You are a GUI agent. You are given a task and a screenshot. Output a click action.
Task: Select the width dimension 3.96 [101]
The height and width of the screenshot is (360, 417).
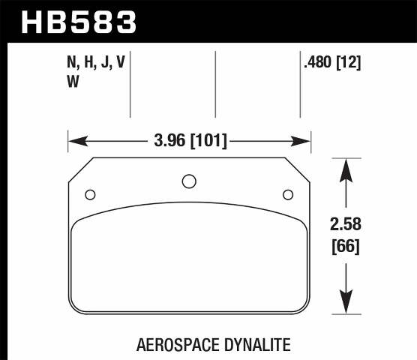189,140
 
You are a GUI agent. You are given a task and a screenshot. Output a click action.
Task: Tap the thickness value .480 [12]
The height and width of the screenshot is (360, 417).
332,64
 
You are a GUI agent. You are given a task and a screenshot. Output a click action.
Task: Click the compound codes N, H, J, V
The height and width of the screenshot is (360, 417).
95,64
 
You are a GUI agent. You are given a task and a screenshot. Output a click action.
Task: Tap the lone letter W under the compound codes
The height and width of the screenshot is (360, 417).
73,83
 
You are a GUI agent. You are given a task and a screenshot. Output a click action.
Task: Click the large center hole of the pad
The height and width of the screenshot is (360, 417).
189,181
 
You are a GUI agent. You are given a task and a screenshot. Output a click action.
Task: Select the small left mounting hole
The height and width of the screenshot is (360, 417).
90,195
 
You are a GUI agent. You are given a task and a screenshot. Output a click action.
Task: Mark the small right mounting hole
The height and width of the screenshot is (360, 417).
287,195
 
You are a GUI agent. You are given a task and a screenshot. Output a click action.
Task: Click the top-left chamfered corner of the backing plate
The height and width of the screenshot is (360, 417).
80,169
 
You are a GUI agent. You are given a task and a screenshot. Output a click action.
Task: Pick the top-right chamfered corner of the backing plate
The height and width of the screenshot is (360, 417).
298,169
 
